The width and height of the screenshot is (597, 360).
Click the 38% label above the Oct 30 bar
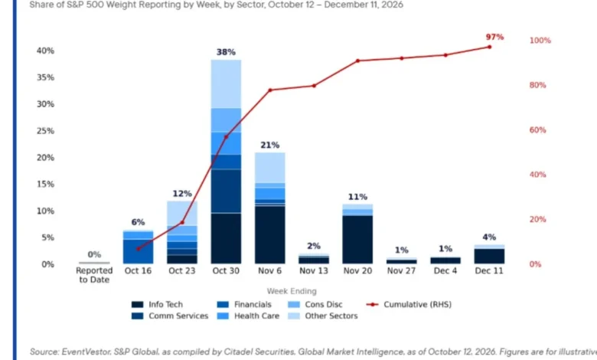[226, 52]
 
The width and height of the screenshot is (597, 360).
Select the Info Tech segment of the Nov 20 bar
[357, 239]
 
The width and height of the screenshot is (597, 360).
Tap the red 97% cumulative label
[494, 37]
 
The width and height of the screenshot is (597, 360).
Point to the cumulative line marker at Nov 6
[270, 90]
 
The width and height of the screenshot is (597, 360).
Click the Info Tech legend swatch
[138, 304]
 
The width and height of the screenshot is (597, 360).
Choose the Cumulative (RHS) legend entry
[409, 304]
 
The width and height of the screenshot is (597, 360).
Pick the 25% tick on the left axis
[45, 131]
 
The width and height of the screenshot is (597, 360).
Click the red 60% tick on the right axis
[537, 130]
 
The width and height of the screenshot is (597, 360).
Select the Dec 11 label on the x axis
[489, 270]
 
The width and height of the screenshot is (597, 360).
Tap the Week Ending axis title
[292, 291]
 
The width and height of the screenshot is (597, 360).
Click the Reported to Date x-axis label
[94, 275]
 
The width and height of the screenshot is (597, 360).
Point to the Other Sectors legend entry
[323, 316]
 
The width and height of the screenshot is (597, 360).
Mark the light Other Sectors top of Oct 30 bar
[226, 83]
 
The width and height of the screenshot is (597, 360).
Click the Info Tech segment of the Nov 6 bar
[270, 234]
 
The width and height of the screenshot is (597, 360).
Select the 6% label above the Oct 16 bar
[138, 222]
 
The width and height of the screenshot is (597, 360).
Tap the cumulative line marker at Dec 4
[445, 55]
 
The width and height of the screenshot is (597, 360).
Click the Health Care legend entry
[248, 316]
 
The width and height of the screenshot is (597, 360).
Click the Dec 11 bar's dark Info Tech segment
[489, 256]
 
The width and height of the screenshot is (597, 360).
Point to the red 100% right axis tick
[540, 41]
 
